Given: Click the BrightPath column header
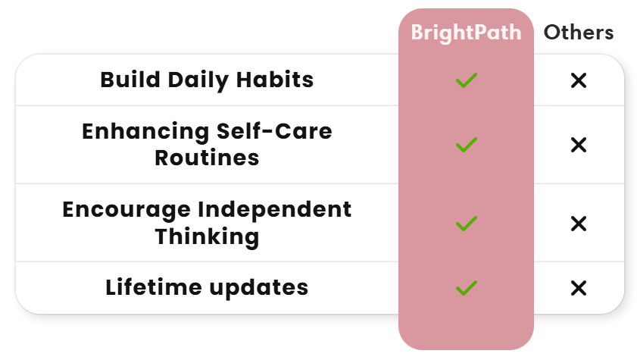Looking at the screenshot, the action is tap(466, 33).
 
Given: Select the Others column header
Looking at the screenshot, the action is tap(579, 33).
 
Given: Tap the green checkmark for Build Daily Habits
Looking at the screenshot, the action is tap(467, 80).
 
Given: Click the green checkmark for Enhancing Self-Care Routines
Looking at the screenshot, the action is tap(467, 145).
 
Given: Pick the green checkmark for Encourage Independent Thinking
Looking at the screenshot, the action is tap(467, 224).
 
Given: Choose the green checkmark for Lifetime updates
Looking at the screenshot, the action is tap(467, 288).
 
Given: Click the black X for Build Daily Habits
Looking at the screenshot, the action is tap(579, 80).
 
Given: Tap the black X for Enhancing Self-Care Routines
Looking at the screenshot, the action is tap(579, 145).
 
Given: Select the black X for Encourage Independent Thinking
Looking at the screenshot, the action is tap(579, 224).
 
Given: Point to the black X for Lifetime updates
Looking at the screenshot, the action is tap(579, 288).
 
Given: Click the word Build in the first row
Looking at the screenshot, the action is tap(130, 80).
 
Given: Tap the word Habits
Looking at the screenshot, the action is tap(275, 80).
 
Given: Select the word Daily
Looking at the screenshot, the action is tap(198, 80).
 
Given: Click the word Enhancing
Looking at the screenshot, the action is tap(146, 132).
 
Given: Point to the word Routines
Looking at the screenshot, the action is tap(207, 158).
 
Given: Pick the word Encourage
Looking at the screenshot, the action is tap(126, 211).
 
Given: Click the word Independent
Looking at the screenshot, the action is tap(275, 211).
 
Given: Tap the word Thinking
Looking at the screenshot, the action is tap(207, 237).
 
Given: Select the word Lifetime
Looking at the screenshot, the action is tap(154, 287).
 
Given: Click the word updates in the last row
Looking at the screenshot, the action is tap(259, 289).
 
